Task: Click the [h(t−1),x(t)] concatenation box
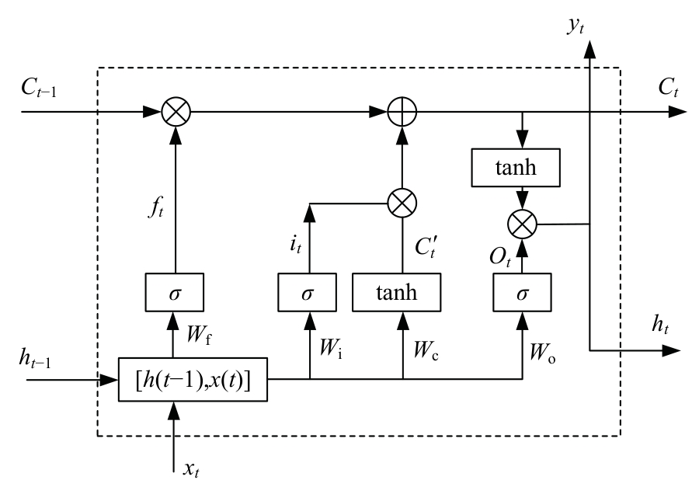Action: coord(193,380)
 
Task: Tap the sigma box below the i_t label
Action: coord(309,293)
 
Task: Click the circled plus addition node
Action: coord(402,112)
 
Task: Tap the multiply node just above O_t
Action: coord(523,224)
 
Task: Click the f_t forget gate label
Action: coord(156,208)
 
